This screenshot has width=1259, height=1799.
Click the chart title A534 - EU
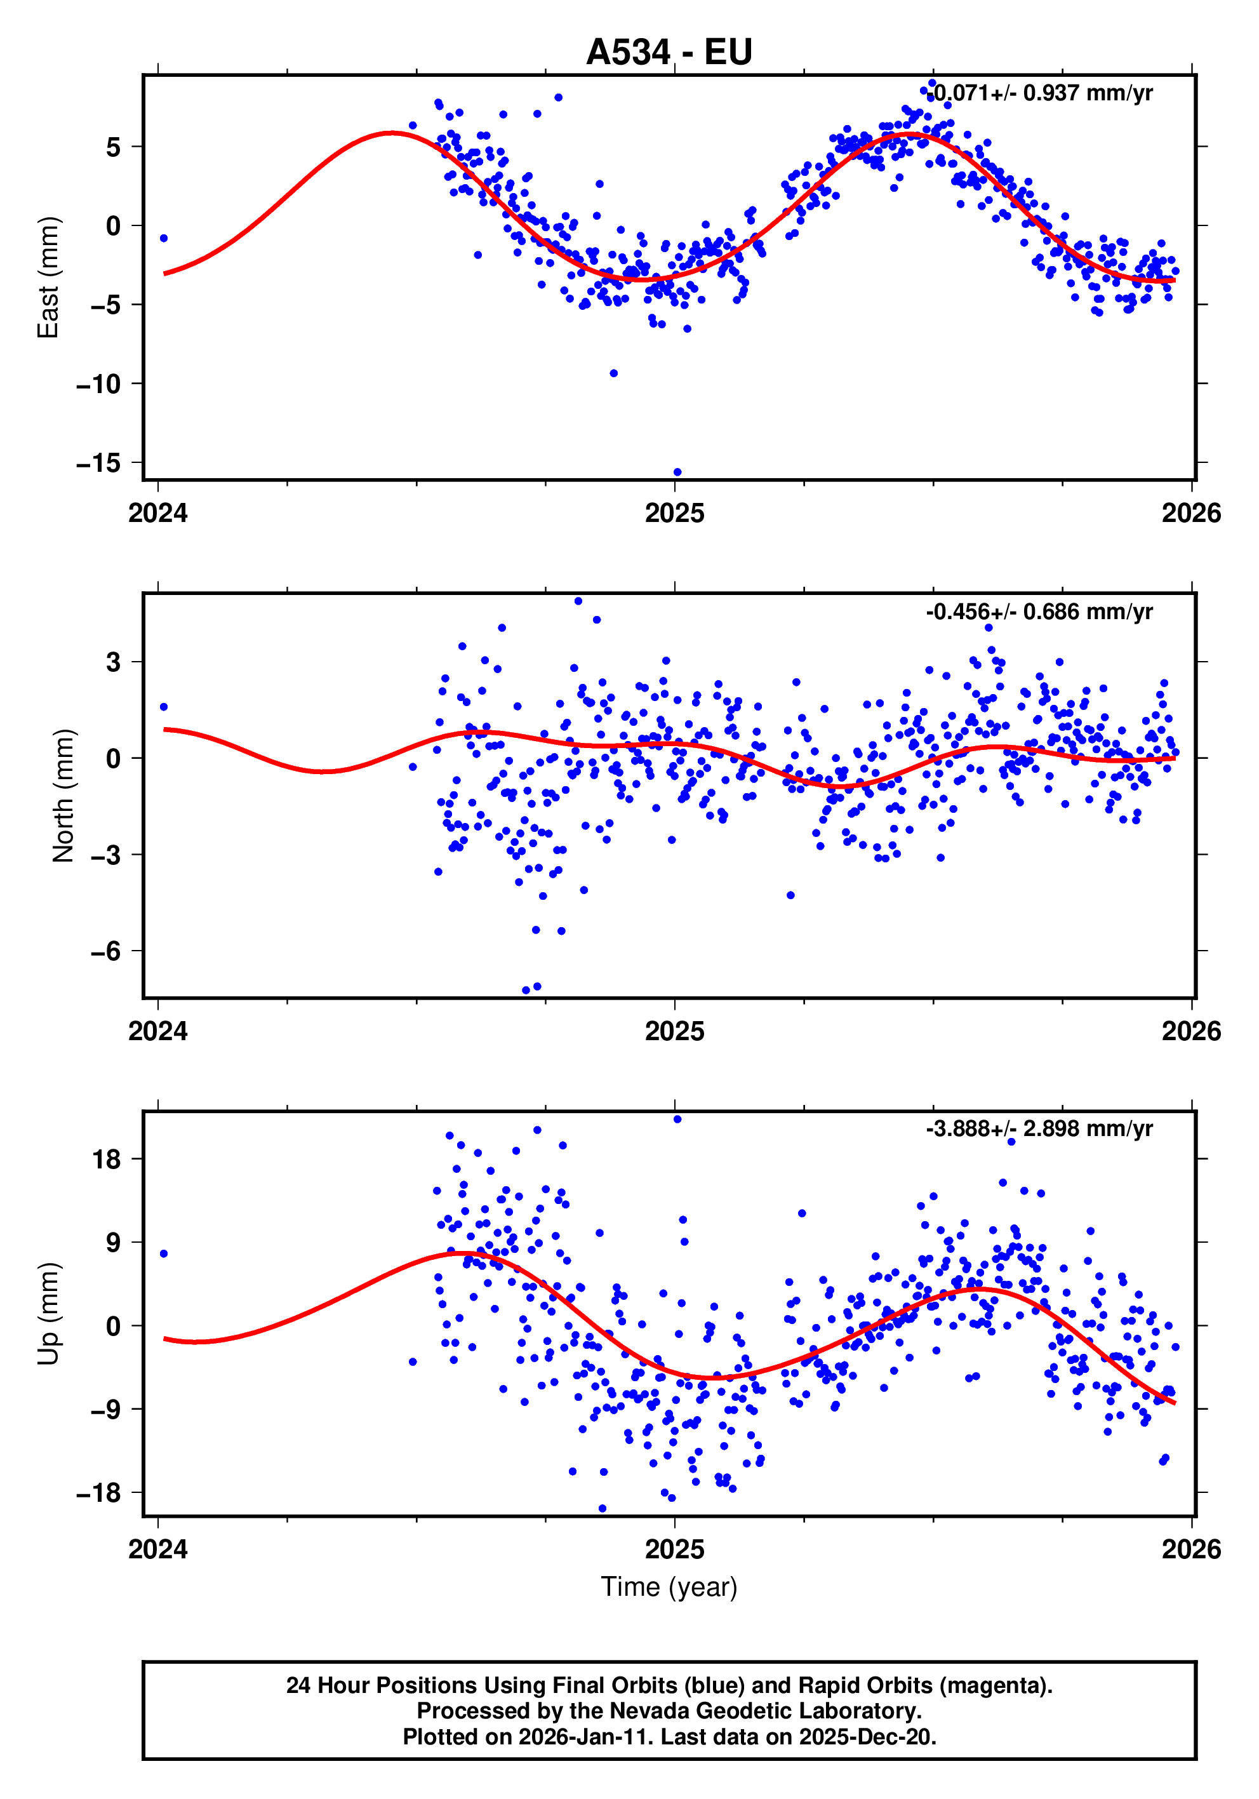(x=669, y=53)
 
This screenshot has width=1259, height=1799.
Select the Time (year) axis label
(x=669, y=1587)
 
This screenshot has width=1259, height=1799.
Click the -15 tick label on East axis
(x=98, y=463)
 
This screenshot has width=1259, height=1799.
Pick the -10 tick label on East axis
(x=98, y=384)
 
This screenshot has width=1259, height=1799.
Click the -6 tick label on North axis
(x=106, y=951)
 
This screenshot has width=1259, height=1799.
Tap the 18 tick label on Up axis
(x=106, y=1159)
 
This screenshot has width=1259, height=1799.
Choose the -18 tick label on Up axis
(x=98, y=1494)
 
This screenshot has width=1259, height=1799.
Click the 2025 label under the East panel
(x=674, y=513)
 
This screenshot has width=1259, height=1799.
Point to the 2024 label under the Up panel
(x=158, y=1549)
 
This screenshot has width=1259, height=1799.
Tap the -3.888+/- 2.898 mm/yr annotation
(x=1039, y=1128)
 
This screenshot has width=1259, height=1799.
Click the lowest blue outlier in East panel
(x=677, y=472)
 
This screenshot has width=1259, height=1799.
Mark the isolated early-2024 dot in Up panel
(x=164, y=1254)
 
